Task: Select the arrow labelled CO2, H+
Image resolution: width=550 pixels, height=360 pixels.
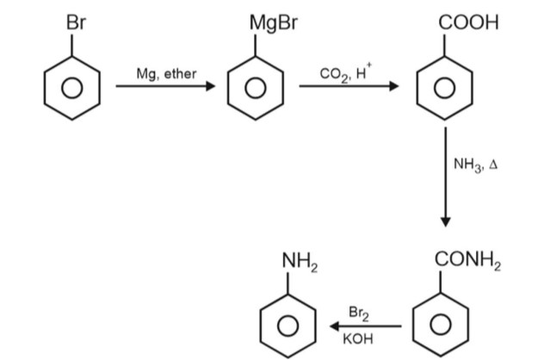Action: coord(349,87)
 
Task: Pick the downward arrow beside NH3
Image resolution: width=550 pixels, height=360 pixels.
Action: coord(446,177)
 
